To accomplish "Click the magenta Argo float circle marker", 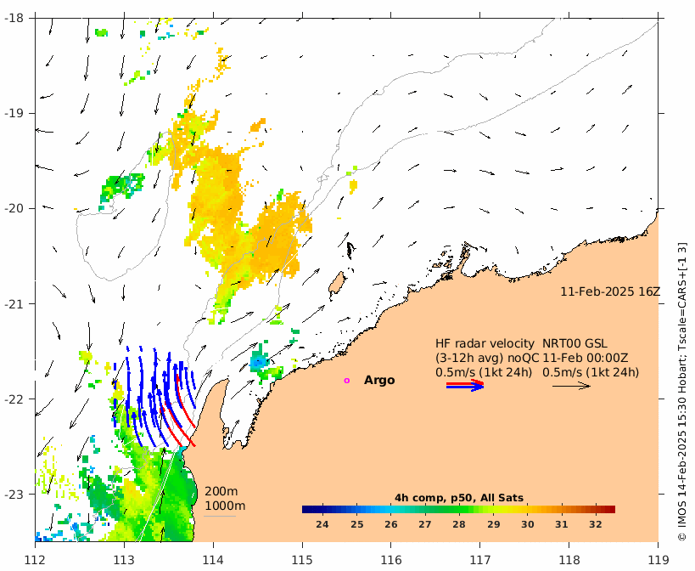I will pyautogui.click(x=346, y=381).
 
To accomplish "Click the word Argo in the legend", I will pyautogui.click(x=379, y=381).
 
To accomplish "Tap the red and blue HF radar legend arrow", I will pyautogui.click(x=465, y=386).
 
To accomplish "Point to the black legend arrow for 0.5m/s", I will pyautogui.click(x=571, y=386).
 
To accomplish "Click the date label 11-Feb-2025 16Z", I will pyautogui.click(x=609, y=291).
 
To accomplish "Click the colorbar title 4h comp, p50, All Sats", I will pyautogui.click(x=458, y=498).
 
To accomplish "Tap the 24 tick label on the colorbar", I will pyautogui.click(x=322, y=525).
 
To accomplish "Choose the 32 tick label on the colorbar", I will pyautogui.click(x=596, y=525).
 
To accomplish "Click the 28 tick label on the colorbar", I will pyautogui.click(x=459, y=525).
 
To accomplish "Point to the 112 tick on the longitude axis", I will pyautogui.click(x=36, y=559).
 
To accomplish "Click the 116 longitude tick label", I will pyautogui.click(x=391, y=559).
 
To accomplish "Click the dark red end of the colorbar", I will pyautogui.click(x=609, y=510).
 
